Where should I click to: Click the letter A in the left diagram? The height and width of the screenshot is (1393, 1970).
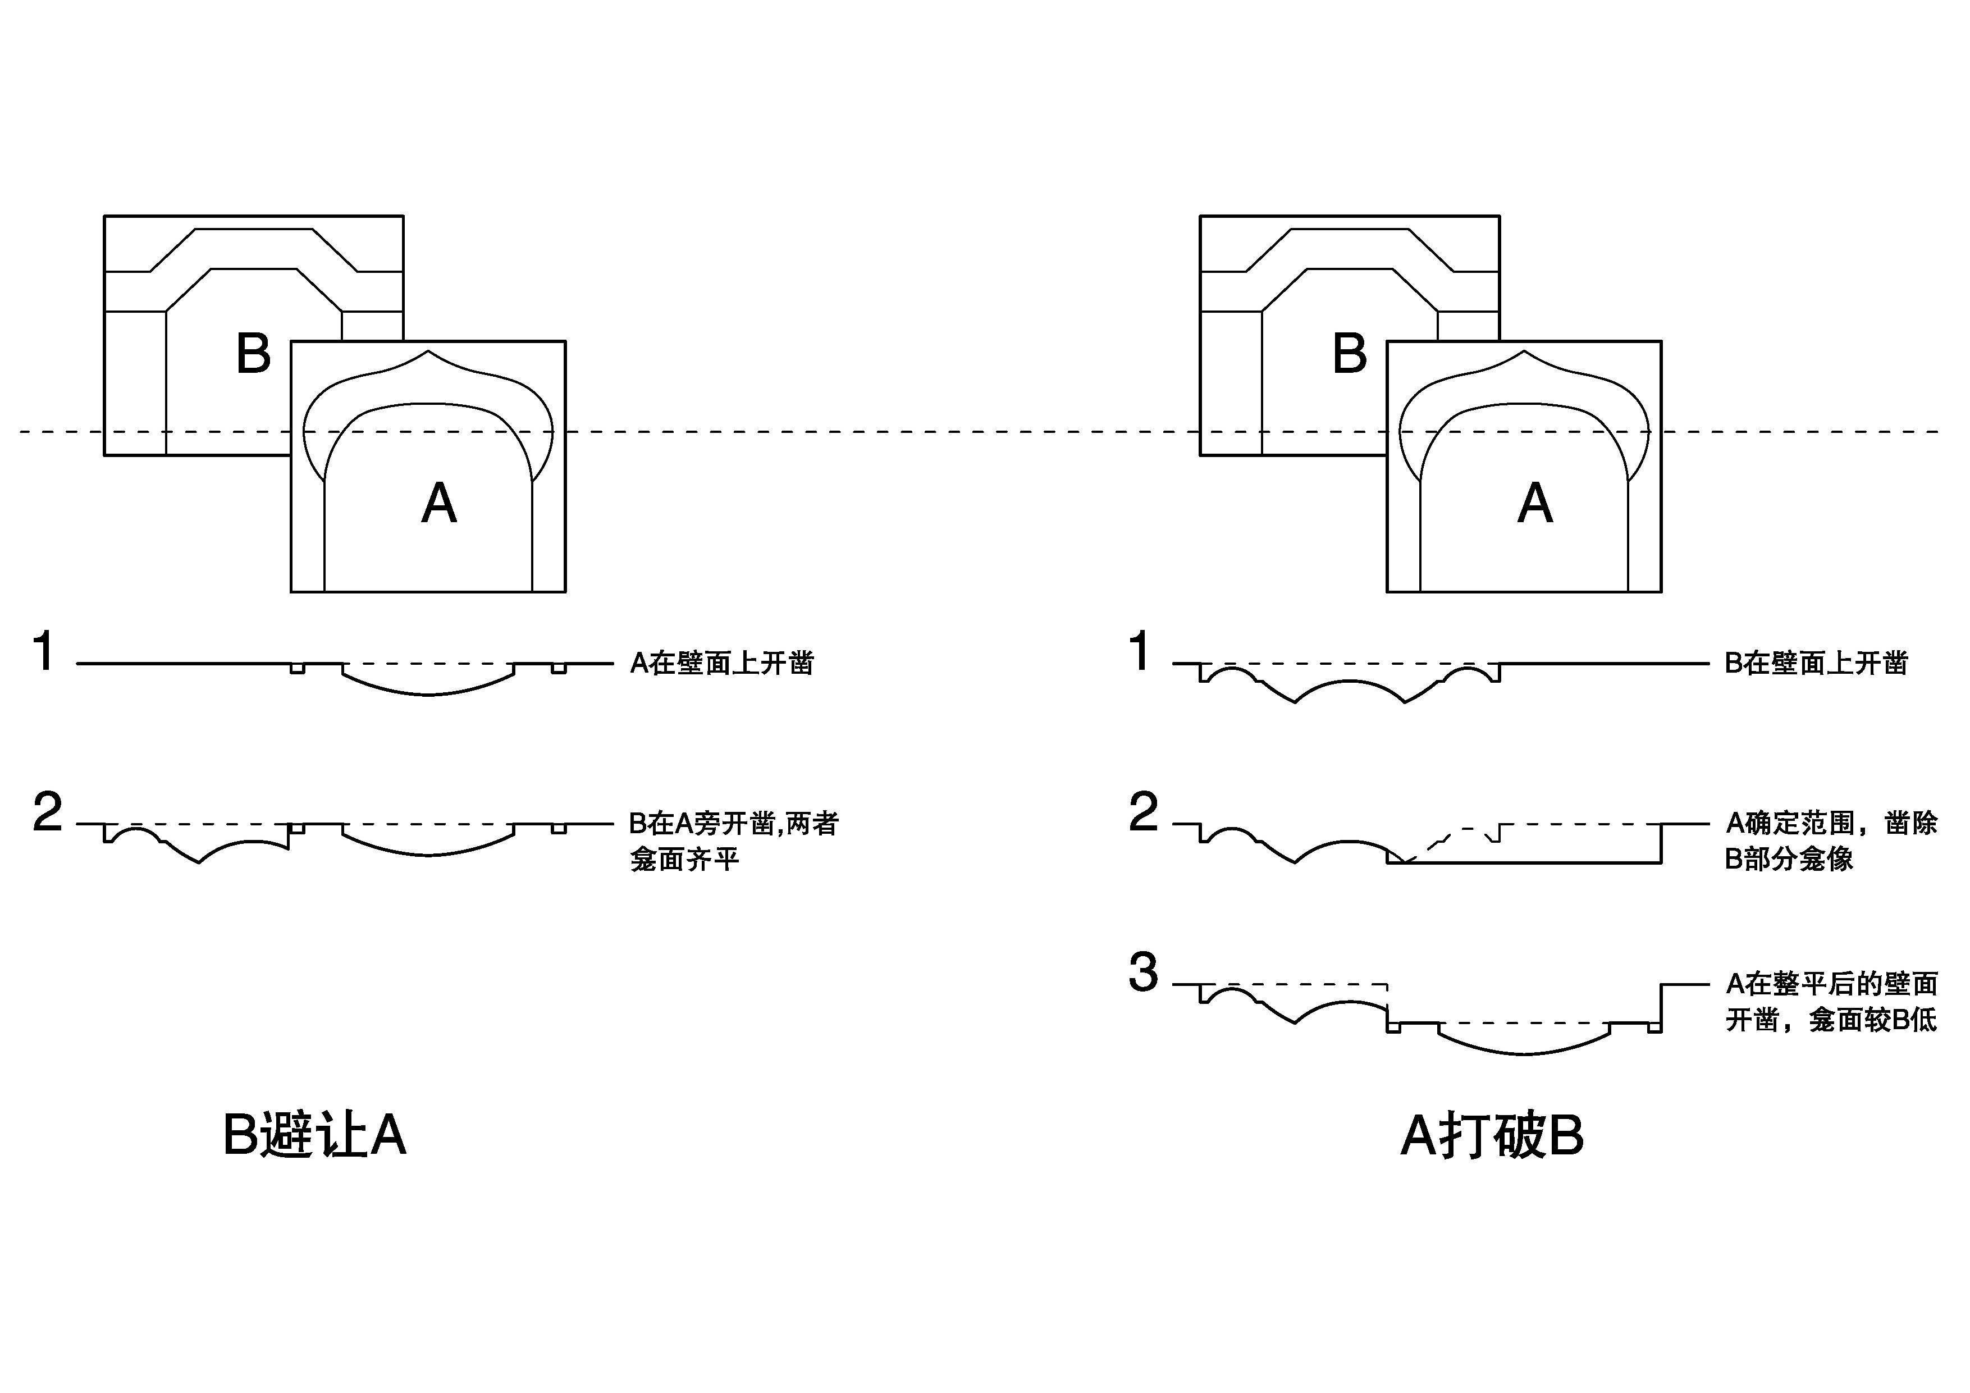[438, 503]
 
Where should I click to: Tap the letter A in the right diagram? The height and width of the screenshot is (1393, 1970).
[1534, 503]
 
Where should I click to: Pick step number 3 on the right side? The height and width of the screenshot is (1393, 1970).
[1143, 972]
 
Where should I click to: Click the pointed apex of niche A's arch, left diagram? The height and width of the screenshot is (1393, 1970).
[428, 351]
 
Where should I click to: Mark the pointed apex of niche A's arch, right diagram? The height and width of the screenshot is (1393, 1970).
[1524, 351]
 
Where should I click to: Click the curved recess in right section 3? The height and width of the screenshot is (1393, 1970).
[1524, 1045]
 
